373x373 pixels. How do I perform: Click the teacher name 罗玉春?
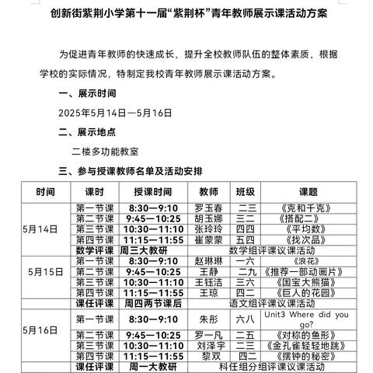[208, 209]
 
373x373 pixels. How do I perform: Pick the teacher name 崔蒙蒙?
[208, 240]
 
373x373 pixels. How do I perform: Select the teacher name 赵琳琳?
[208, 262]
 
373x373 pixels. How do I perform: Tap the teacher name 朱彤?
[208, 319]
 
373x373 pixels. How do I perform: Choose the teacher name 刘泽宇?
[208, 344]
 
